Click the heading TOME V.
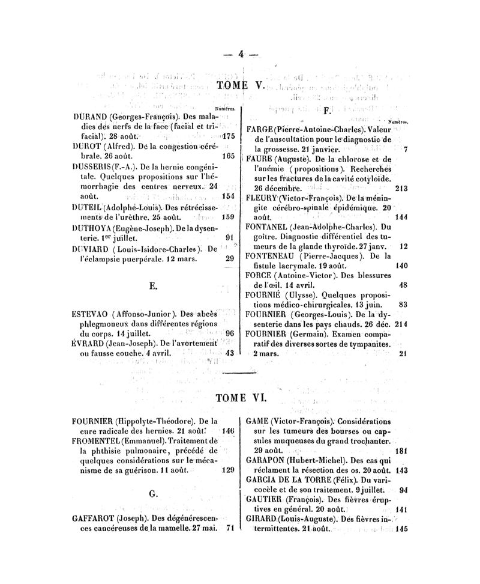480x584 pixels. [240, 86]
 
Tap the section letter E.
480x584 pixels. [153, 287]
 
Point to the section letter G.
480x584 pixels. [153, 494]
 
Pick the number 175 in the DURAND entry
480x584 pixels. [226, 136]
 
